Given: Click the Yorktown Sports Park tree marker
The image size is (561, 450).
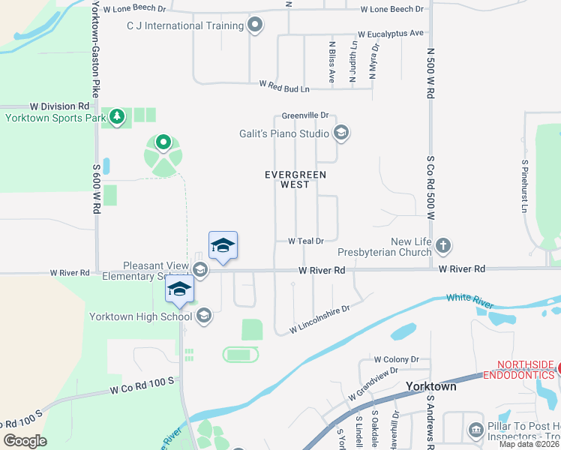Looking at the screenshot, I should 116,117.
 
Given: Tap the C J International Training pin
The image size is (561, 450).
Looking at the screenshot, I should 256,25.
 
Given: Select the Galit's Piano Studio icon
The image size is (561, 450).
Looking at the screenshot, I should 341,134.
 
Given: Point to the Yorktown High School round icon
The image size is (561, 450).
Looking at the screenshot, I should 203,316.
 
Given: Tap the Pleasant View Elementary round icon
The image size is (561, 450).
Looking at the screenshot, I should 200,269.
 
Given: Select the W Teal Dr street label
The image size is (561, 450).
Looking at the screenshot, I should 305,241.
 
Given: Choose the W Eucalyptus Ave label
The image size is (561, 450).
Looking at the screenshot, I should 391,34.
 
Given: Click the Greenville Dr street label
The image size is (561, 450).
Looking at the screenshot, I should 306,115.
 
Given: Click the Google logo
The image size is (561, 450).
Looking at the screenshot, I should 25,441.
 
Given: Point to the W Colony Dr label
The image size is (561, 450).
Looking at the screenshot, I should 397,359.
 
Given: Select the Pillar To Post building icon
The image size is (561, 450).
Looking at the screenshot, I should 475,430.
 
